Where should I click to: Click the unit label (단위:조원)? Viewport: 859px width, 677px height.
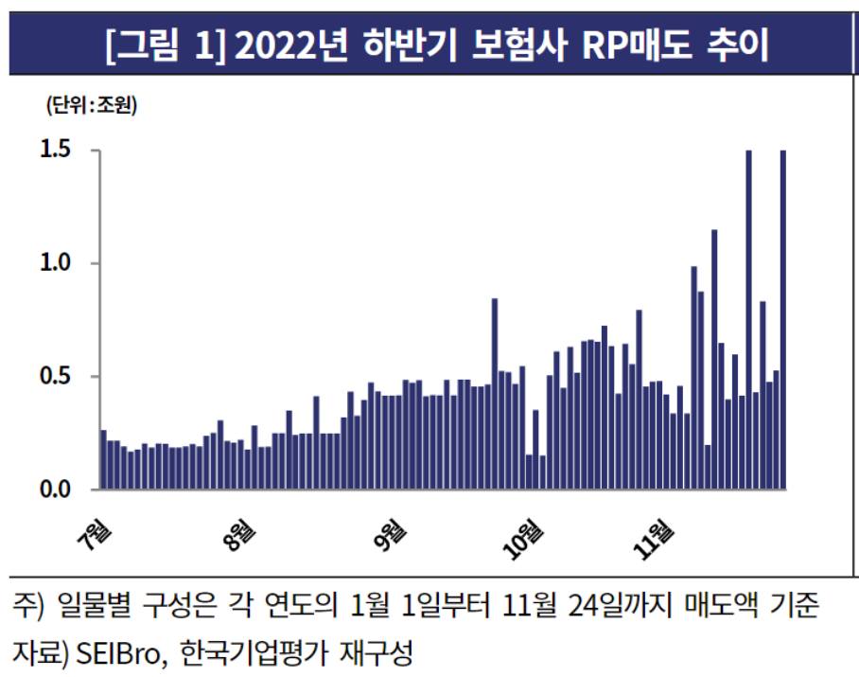[x=91, y=105]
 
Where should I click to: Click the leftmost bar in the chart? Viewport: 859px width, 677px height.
[x=103, y=460]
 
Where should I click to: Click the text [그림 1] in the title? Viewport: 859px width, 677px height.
[x=164, y=45]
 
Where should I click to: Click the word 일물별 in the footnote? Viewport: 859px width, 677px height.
[x=95, y=604]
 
